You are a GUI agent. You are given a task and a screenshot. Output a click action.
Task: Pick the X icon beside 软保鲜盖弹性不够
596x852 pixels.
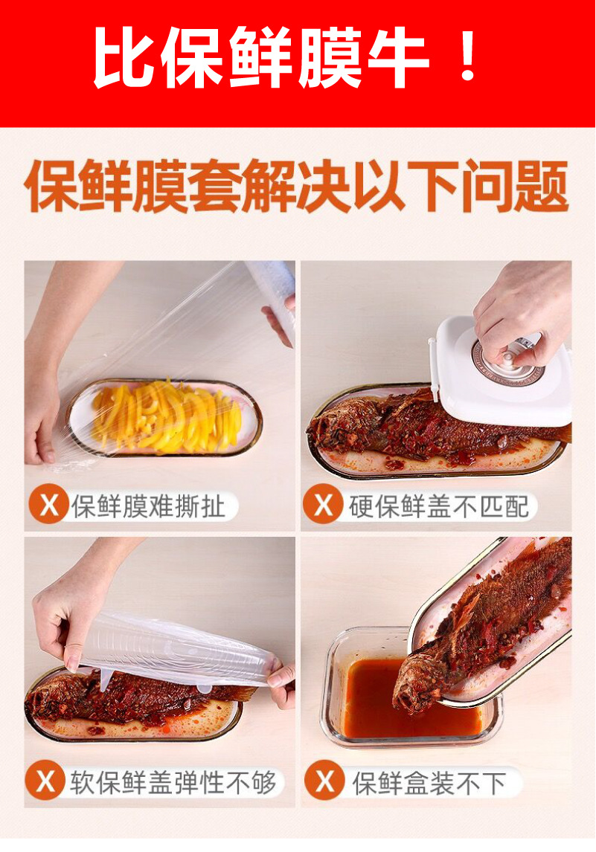pyautogui.click(x=47, y=782)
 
